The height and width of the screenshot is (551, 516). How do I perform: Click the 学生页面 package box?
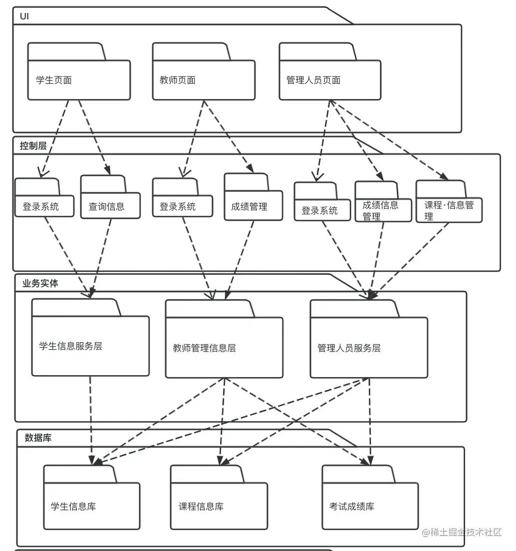pyautogui.click(x=79, y=80)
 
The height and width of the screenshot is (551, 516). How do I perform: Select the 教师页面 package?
pyautogui.click(x=203, y=80)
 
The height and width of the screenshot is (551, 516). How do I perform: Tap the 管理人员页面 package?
pyautogui.click(x=329, y=80)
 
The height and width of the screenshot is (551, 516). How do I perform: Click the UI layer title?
pyautogui.click(x=24, y=16)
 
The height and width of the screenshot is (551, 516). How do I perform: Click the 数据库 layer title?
pyautogui.click(x=38, y=438)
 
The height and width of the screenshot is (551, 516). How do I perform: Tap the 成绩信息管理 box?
pyautogui.click(x=383, y=210)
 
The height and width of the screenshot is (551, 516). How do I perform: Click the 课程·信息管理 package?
pyautogui.click(x=449, y=210)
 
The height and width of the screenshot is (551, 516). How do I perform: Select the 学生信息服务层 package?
pyautogui.click(x=90, y=346)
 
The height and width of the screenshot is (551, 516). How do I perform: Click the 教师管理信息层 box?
pyautogui.click(x=224, y=347)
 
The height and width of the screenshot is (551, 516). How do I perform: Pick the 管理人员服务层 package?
pyautogui.click(x=368, y=347)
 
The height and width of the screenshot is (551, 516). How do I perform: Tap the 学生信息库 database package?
pyautogui.click(x=91, y=506)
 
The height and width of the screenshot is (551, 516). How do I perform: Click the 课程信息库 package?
pyautogui.click(x=219, y=506)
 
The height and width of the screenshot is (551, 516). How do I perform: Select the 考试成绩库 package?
pyautogui.click(x=369, y=506)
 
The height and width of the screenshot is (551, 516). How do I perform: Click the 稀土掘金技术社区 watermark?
pyautogui.click(x=461, y=533)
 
